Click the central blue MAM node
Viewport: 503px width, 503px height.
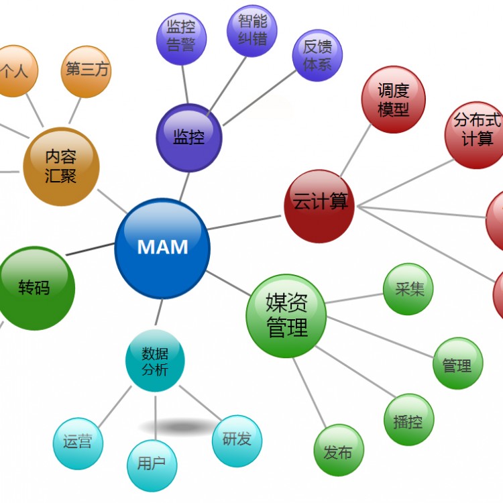click(162, 247)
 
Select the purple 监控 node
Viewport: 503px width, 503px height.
click(188, 137)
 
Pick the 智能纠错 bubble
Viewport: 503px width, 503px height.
click(252, 31)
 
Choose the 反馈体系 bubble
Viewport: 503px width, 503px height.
click(318, 56)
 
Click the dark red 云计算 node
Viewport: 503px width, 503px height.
click(319, 202)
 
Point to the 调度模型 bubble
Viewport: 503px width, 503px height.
click(393, 101)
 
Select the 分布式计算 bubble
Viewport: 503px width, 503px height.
click(477, 131)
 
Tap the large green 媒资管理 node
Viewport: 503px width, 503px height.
click(286, 315)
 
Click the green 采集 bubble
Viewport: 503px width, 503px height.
click(408, 290)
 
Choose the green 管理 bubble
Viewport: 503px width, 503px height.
click(457, 364)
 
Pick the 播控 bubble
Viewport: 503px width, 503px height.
click(408, 421)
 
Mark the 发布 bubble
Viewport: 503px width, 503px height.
click(339, 451)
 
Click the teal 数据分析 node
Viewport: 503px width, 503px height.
click(155, 361)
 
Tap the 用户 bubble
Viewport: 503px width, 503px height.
click(152, 463)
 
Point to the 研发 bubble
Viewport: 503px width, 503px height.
click(237, 440)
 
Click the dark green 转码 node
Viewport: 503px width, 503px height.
click(34, 288)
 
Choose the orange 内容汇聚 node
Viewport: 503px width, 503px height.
click(61, 166)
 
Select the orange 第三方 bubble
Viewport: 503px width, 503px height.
click(86, 70)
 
